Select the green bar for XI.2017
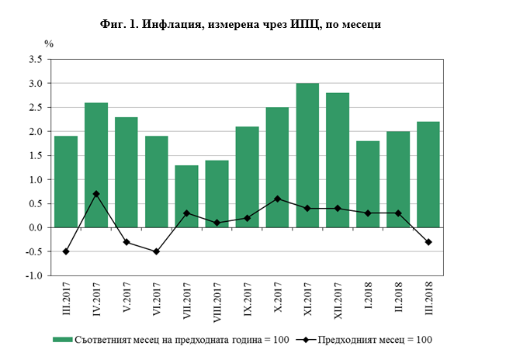point(307,155)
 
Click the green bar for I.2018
point(368,184)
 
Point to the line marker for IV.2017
point(96,194)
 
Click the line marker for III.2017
point(66,251)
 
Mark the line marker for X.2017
point(277,199)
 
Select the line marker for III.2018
point(428,242)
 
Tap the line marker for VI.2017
point(157,251)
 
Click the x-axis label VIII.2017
point(217,304)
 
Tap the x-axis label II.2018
point(398,301)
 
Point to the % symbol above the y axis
point(48,43)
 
